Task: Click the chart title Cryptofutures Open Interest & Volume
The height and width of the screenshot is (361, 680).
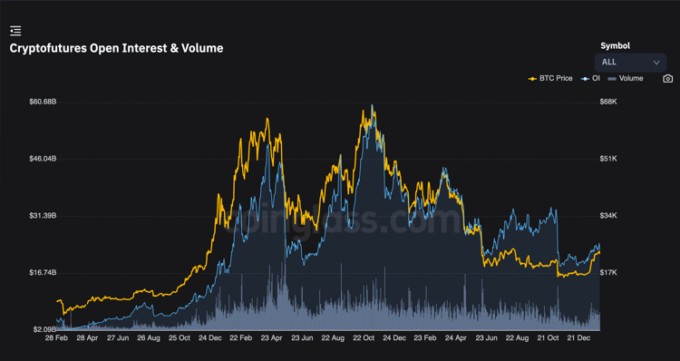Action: coord(116,48)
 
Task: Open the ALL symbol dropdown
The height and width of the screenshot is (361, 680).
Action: coord(630,63)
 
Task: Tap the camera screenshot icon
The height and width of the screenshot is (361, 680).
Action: coord(668,79)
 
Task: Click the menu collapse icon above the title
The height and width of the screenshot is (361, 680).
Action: coord(15,31)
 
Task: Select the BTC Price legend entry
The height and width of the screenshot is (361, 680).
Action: coord(550,79)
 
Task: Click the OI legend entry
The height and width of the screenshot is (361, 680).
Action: coord(590,79)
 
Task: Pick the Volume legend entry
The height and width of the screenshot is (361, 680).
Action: coord(626,79)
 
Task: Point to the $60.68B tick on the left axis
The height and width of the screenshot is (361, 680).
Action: coord(43,102)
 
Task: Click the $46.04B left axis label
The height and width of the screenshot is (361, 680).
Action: coord(43,159)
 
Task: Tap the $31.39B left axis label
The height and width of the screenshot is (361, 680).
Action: coord(43,216)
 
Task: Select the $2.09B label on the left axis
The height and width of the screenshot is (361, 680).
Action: coord(44,330)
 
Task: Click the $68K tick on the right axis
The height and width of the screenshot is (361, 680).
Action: coord(608,102)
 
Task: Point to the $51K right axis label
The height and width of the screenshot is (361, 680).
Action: coord(608,159)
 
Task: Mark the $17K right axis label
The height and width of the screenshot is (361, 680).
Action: coord(608,272)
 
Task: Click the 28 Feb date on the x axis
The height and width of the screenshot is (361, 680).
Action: coord(56,338)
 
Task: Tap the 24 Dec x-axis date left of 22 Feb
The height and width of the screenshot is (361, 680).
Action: coord(210,338)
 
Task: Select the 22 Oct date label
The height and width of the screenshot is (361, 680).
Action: coord(364,338)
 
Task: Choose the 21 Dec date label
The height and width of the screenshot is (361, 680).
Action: coord(579,338)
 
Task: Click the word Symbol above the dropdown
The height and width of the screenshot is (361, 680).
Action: coord(615,45)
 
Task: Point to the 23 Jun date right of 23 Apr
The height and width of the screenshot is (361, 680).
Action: coord(302,338)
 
